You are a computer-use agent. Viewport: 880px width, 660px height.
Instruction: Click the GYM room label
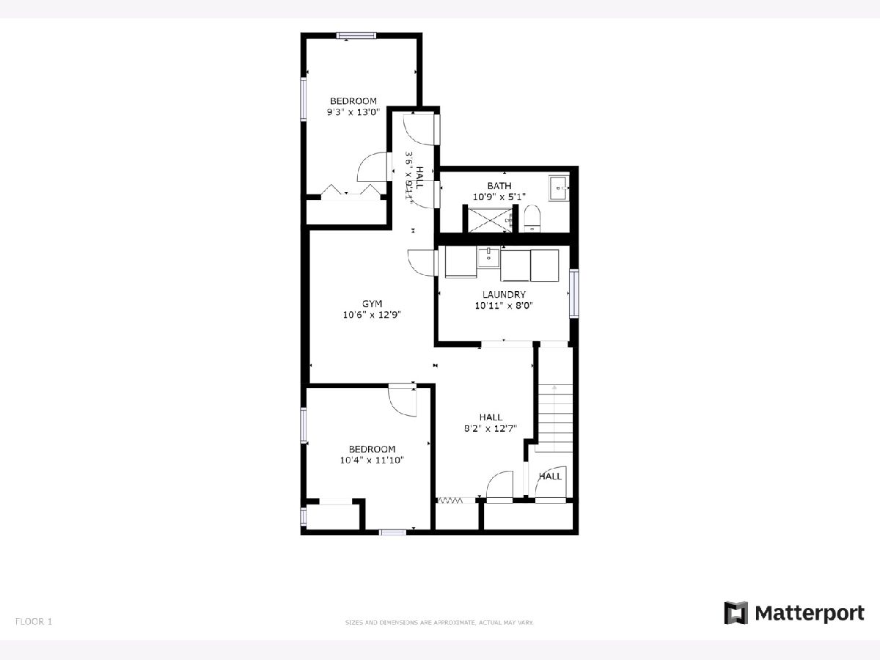[x=372, y=304]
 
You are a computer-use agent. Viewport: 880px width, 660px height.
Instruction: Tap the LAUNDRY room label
[x=504, y=295]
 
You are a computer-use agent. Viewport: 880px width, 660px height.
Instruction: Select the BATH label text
[x=499, y=186]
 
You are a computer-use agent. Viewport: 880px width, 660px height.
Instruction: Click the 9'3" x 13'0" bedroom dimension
[x=353, y=112]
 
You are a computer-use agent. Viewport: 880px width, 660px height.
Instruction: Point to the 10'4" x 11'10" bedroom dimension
[x=372, y=460]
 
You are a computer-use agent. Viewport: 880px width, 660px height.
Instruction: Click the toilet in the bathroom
[x=532, y=219]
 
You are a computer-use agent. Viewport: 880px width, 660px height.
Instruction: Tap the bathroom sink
[x=559, y=188]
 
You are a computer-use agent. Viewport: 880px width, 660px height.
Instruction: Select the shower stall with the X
[x=491, y=219]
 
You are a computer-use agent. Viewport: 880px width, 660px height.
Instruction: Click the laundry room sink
[x=488, y=257]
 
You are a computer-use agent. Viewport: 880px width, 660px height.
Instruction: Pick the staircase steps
[x=554, y=418]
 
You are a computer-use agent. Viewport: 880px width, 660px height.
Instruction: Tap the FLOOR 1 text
[x=34, y=622]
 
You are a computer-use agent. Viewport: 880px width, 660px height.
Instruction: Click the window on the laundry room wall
[x=574, y=293]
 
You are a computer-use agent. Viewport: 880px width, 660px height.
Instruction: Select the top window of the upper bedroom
[x=356, y=36]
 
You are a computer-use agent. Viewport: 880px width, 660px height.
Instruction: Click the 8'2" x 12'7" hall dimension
[x=491, y=428]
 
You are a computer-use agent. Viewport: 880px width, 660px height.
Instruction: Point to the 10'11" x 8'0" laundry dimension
[x=504, y=306]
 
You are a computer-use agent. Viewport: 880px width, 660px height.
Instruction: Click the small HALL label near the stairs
[x=550, y=476]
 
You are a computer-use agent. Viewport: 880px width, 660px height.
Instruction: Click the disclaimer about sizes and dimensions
[x=439, y=623]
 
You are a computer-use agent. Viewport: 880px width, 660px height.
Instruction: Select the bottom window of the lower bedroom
[x=392, y=532]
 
